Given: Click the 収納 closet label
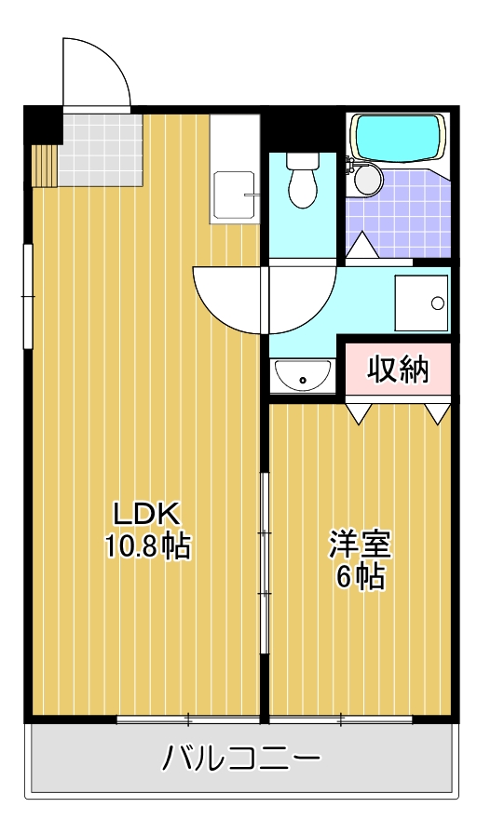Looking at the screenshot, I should [x=398, y=370].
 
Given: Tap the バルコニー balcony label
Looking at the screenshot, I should [x=241, y=759].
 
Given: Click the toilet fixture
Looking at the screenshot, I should [x=301, y=181].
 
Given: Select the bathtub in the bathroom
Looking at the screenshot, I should [x=398, y=137].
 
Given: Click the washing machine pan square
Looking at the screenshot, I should [x=421, y=303].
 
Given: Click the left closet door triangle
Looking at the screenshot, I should [x=360, y=412].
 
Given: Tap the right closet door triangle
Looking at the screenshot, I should [x=436, y=412].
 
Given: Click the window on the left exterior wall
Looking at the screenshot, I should [x=29, y=296].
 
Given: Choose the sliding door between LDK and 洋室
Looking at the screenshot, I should [x=265, y=563].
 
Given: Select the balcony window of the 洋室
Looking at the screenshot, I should [x=341, y=719].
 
